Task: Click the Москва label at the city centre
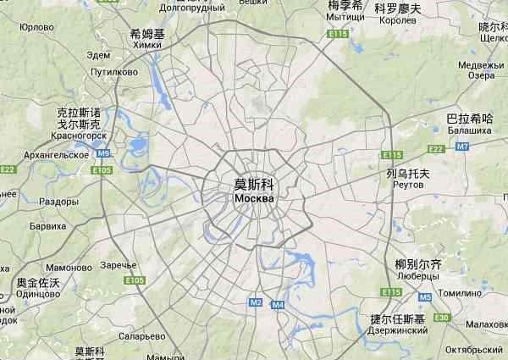click(253, 198)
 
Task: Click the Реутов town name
click(408, 185)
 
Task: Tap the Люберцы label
click(418, 277)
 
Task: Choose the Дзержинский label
click(399, 331)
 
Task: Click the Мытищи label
click(345, 17)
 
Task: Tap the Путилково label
click(107, 73)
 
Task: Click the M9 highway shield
click(103, 153)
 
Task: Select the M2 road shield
click(256, 302)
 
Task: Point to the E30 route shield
click(441, 317)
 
